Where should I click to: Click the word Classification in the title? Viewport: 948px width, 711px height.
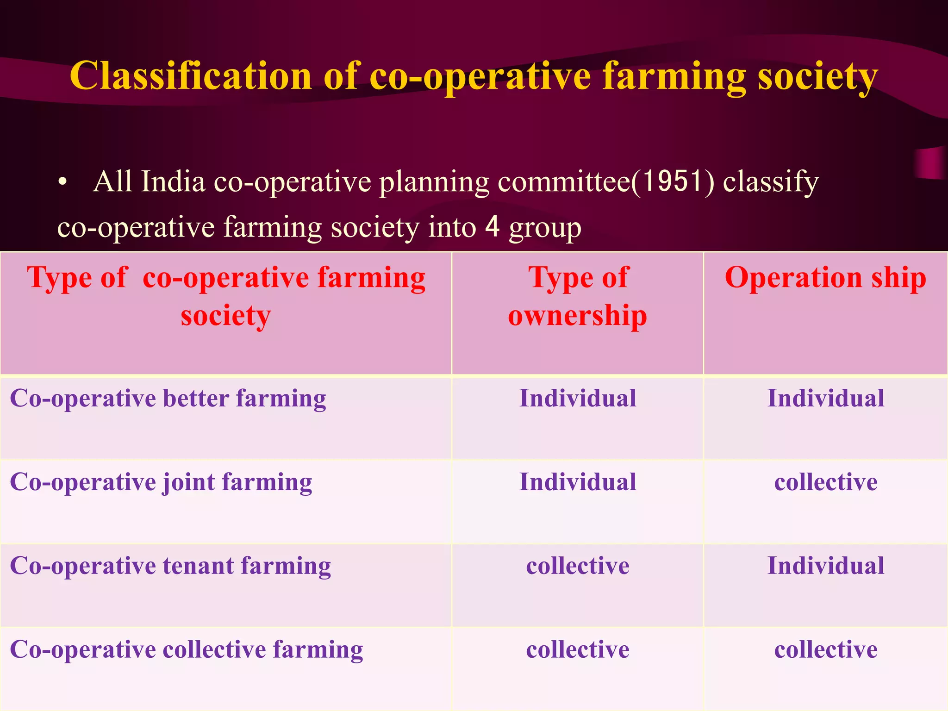pos(190,76)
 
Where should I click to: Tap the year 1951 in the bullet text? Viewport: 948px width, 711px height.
pos(673,181)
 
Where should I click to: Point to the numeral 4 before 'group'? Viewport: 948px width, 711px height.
pos(493,227)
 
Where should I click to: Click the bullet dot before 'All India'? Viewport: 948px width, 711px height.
pos(63,182)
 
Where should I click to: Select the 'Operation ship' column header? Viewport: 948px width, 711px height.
pos(825,278)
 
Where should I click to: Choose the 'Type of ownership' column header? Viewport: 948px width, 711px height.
pos(578,296)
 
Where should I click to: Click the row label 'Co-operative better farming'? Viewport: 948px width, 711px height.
pos(168,399)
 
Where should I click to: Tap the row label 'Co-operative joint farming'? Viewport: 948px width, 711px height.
pos(161,482)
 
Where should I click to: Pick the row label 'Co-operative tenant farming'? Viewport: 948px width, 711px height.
pos(170,566)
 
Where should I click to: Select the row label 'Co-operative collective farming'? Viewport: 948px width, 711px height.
pos(187,649)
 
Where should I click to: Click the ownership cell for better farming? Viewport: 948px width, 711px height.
pos(578,399)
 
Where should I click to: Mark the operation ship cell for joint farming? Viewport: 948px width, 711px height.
pos(826,482)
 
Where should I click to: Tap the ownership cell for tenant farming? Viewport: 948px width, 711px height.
pos(578,566)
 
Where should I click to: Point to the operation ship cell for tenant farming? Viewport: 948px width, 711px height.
pos(826,566)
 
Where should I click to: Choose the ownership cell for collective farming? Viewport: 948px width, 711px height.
pos(578,649)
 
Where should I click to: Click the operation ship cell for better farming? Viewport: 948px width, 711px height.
pos(826,399)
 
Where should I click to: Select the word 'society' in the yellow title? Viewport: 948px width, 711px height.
pos(817,77)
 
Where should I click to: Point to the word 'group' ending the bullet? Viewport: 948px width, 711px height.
pos(545,229)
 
